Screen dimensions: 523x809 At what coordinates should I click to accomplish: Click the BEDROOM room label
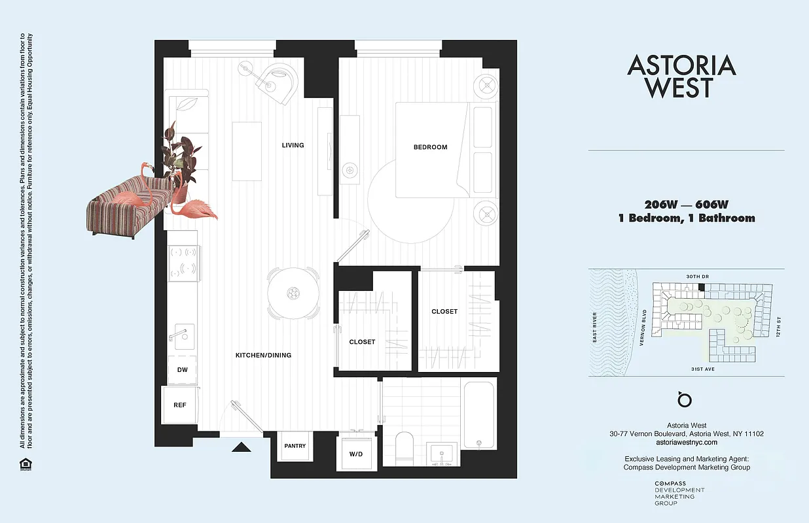(x=430, y=147)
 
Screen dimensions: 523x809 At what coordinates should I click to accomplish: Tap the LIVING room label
(x=293, y=145)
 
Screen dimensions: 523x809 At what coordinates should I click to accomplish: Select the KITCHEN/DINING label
(x=263, y=356)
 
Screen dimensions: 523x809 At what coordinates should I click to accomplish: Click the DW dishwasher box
(x=183, y=370)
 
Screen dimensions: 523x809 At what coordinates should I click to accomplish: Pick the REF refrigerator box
(x=179, y=405)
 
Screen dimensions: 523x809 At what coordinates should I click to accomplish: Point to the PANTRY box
(x=295, y=446)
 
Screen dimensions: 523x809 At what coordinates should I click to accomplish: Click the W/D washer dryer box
(x=356, y=453)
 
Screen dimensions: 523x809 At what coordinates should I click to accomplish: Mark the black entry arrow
(x=242, y=447)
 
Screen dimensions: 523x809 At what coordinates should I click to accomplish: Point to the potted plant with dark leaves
(x=179, y=157)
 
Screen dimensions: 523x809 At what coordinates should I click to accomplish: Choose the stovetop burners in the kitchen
(x=184, y=260)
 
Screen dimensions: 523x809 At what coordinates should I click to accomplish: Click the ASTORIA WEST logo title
(x=681, y=76)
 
